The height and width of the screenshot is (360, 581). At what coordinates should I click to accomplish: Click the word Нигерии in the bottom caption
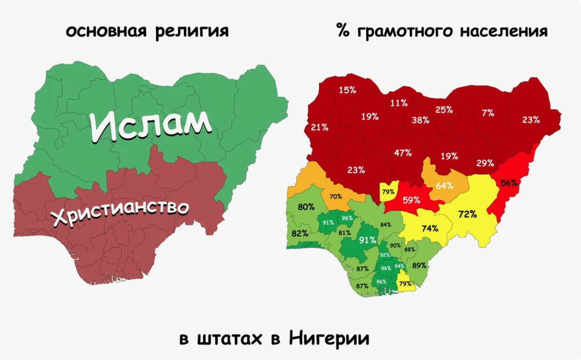(x=330, y=338)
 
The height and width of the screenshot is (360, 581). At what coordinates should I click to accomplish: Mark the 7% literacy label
(x=488, y=113)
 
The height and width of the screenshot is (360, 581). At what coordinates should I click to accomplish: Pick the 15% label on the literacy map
(x=347, y=90)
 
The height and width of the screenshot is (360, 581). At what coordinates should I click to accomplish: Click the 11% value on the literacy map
(x=399, y=103)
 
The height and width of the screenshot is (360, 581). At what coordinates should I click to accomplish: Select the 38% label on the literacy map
(x=420, y=121)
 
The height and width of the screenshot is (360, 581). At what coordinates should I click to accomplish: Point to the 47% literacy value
(x=403, y=153)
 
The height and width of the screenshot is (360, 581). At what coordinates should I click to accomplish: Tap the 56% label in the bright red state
(x=509, y=183)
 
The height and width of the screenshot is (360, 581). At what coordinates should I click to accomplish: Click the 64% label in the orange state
(x=444, y=186)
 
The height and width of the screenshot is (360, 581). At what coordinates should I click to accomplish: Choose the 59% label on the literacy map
(x=411, y=199)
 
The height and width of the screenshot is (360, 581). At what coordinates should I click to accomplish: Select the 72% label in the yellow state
(x=468, y=214)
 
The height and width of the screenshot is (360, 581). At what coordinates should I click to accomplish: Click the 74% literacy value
(x=429, y=228)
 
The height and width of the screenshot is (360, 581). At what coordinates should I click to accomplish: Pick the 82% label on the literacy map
(x=300, y=234)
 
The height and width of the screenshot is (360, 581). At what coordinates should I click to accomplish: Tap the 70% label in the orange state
(x=336, y=197)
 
